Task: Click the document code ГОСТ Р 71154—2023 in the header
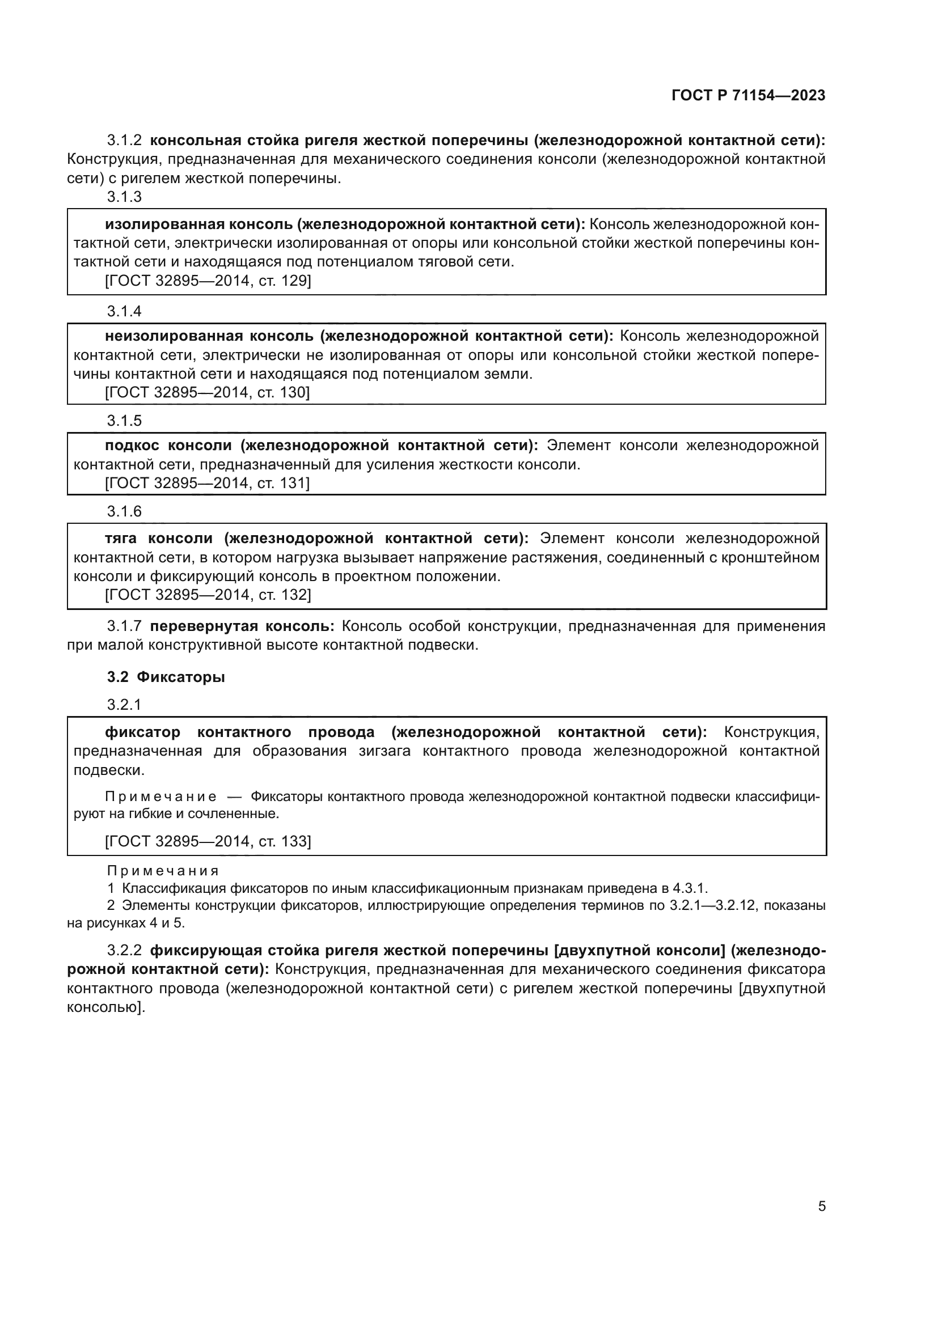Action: pos(748,96)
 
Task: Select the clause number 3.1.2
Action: pos(124,141)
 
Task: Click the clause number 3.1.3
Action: pos(124,197)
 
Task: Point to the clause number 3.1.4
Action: pos(124,311)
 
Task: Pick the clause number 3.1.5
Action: pos(124,421)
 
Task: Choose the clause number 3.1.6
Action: pos(124,511)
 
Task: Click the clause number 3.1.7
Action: pos(124,626)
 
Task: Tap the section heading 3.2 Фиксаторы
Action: pos(166,677)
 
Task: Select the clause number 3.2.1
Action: pos(124,705)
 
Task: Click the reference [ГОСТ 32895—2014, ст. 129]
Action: pos(208,281)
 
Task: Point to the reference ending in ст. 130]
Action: pos(208,393)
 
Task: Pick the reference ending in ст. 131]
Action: pos(208,483)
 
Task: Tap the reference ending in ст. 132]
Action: pos(208,594)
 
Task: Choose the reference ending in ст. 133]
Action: pos(208,841)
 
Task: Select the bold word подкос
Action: pos(130,445)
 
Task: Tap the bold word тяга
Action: pos(121,539)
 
